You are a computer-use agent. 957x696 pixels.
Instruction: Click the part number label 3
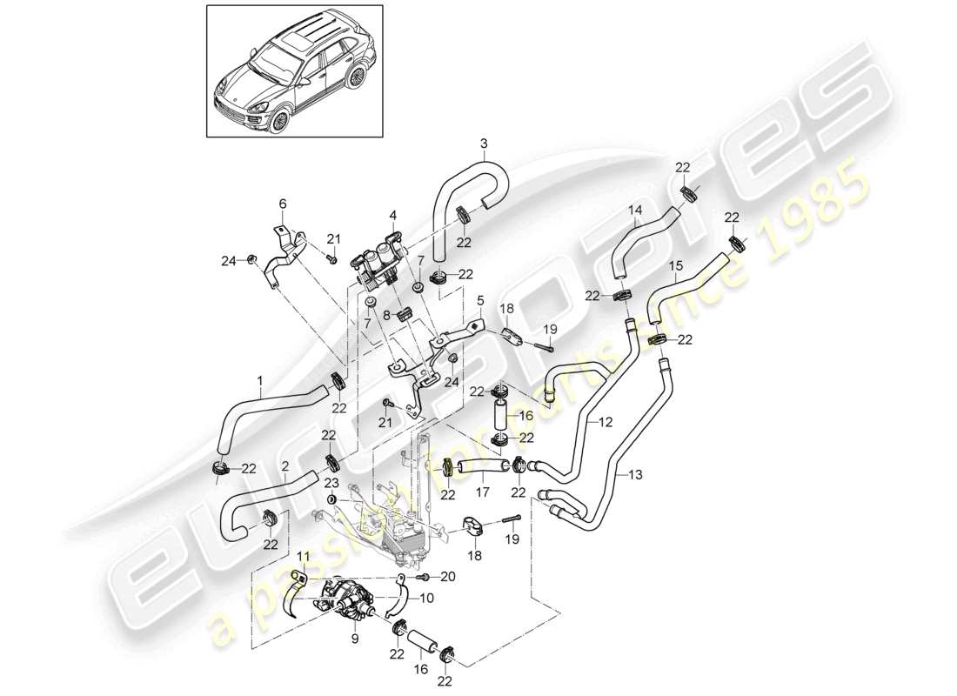point(484,143)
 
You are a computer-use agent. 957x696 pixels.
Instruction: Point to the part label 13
point(636,475)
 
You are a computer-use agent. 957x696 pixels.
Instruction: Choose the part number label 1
point(258,379)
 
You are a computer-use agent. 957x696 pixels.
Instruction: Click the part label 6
point(281,204)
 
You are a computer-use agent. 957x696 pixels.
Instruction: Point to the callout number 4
point(392,214)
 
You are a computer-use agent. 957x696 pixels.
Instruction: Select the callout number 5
point(480,300)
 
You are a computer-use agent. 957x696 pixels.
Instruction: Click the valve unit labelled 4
point(381,258)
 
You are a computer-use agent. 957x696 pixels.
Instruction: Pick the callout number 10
point(427,599)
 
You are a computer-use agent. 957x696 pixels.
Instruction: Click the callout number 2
point(285,465)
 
